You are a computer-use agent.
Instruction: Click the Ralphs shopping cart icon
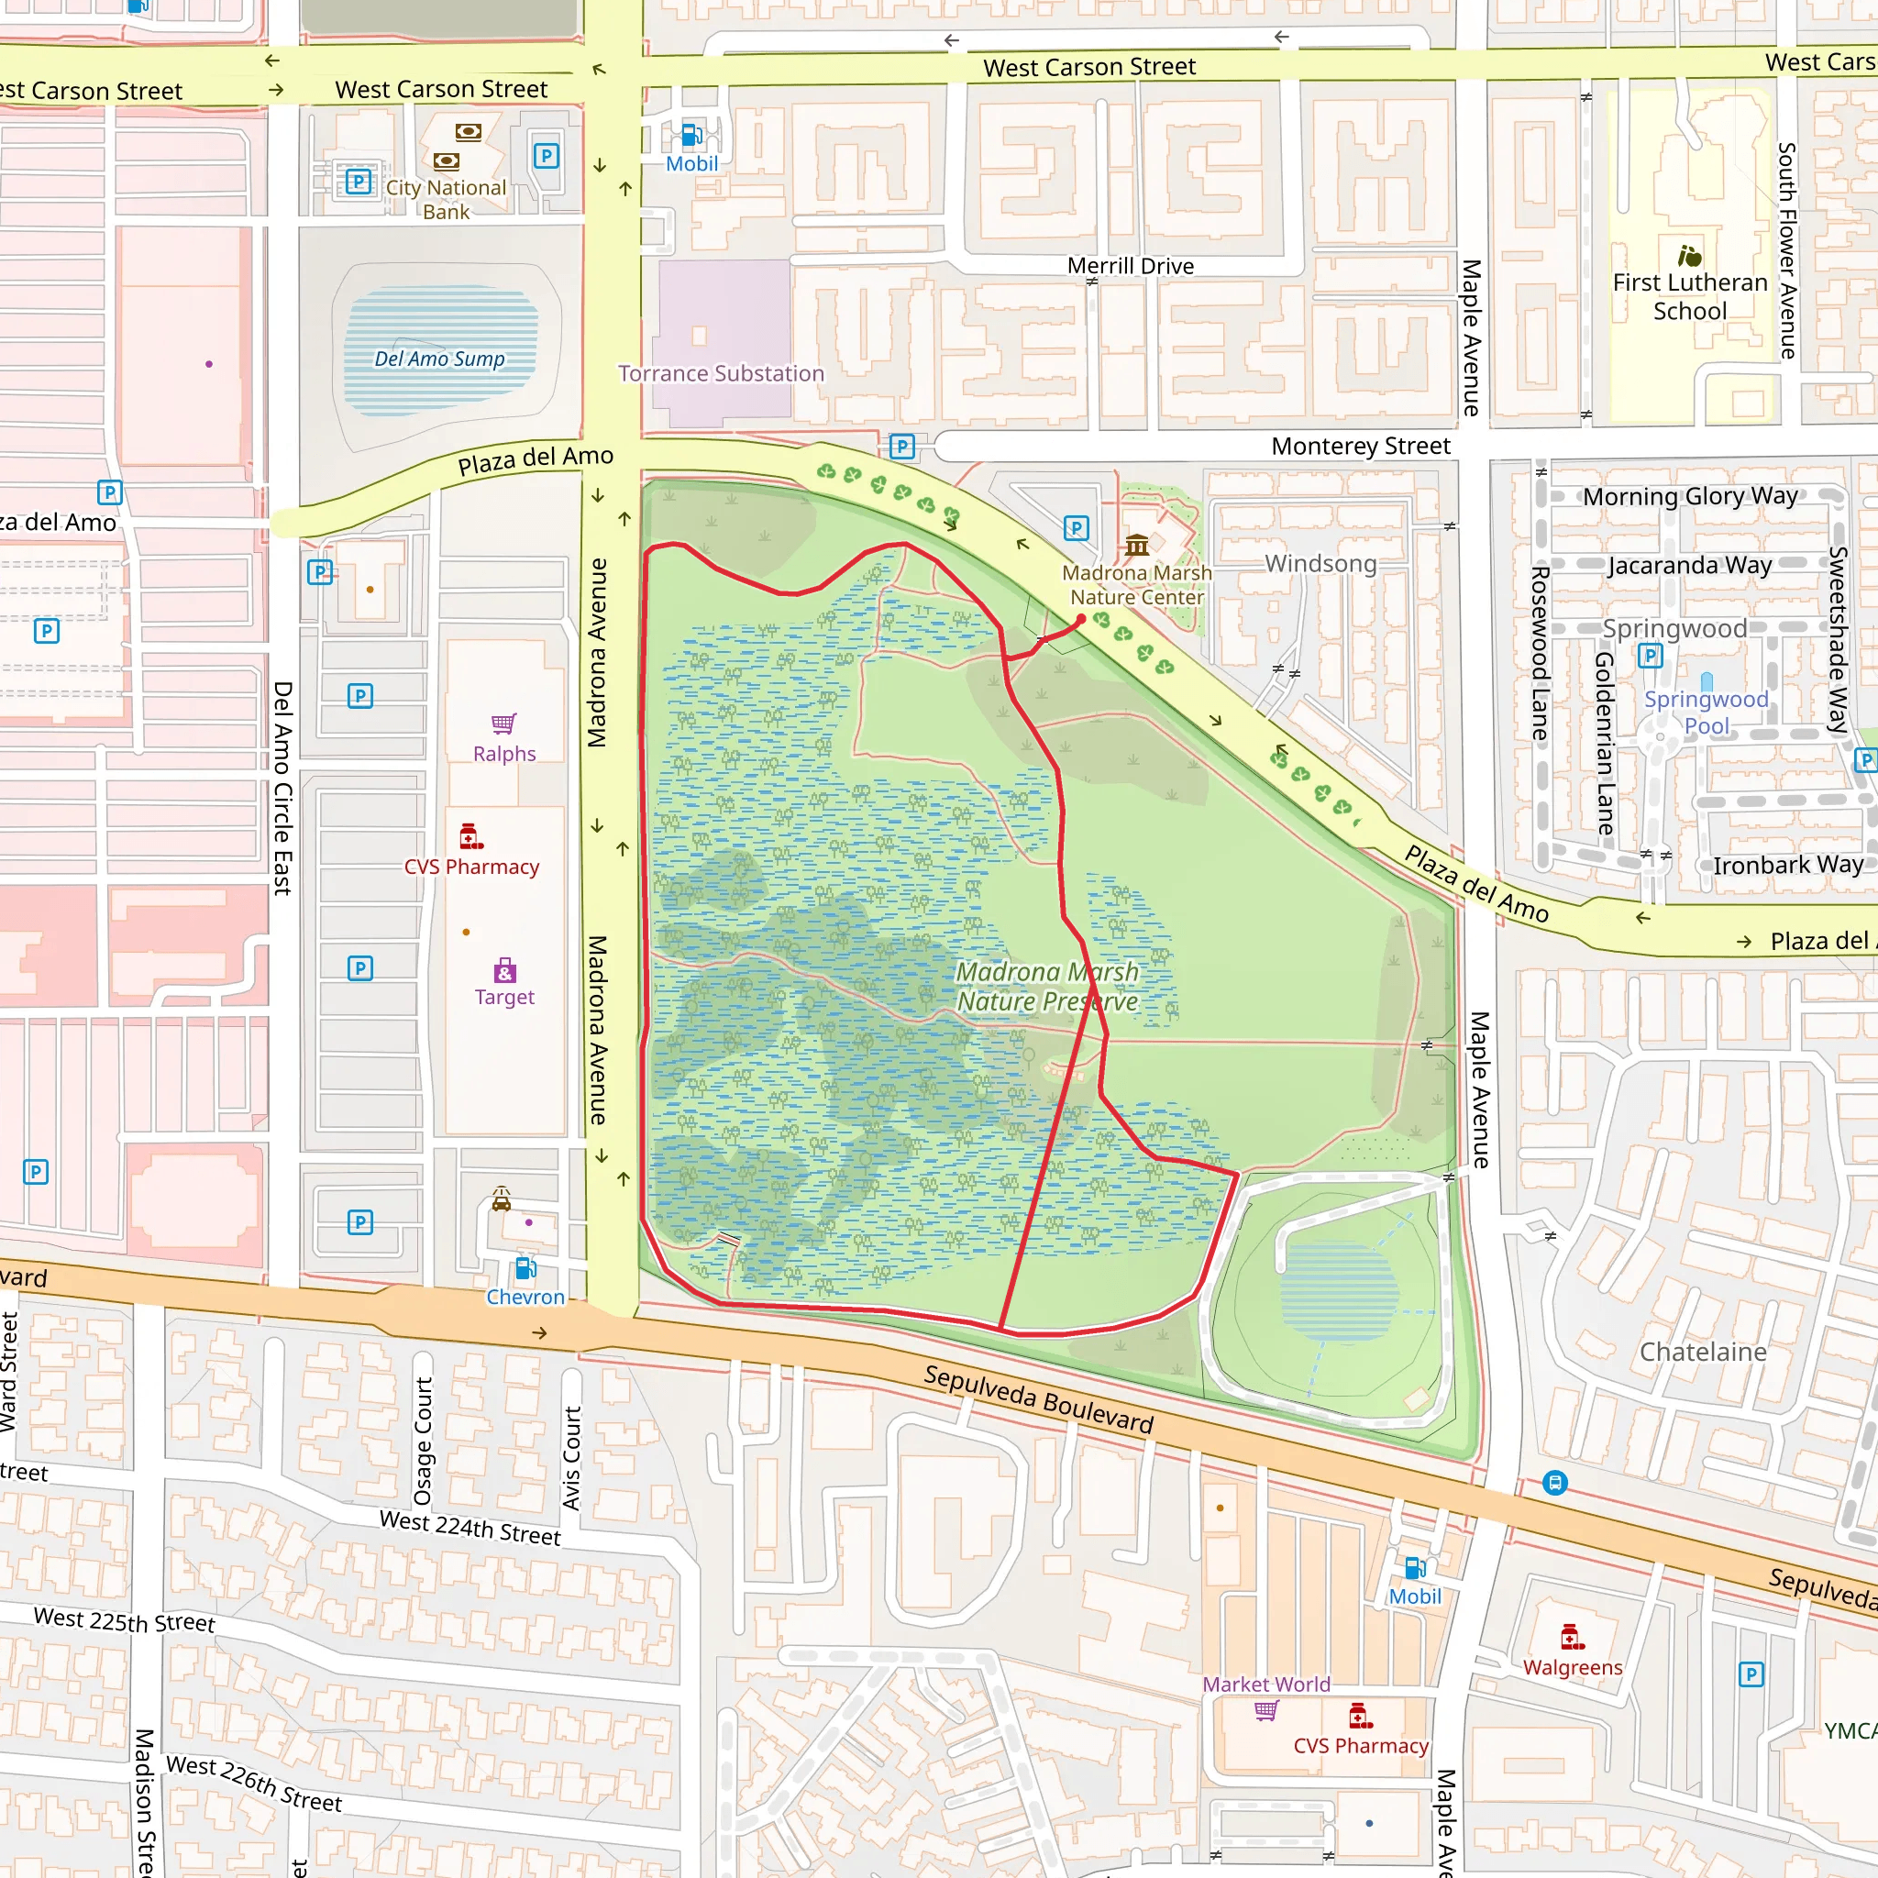(x=503, y=724)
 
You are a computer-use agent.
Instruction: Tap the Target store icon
(x=503, y=970)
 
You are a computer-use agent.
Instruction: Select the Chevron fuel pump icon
(x=525, y=1268)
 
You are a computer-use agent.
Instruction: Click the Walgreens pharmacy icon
(x=1572, y=1638)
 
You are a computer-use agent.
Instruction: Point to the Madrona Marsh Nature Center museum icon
(x=1136, y=545)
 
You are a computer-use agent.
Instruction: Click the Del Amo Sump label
(x=439, y=359)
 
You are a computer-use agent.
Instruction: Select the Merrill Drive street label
(x=1130, y=265)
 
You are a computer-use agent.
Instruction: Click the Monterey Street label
(x=1360, y=447)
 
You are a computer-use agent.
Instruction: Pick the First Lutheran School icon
(x=1689, y=256)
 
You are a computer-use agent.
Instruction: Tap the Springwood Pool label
(x=1706, y=712)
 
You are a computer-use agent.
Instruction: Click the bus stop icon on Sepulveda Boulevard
(x=1555, y=1484)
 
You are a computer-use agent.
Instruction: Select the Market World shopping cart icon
(x=1265, y=1710)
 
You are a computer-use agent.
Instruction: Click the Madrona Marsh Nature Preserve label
(x=1047, y=986)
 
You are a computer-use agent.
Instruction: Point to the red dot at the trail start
(x=1081, y=619)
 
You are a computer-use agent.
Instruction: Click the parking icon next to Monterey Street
(x=902, y=447)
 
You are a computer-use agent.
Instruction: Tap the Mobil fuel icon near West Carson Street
(x=692, y=134)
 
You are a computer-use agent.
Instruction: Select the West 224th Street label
(x=469, y=1528)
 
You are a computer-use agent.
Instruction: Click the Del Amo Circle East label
(x=282, y=788)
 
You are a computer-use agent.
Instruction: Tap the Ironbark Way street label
(x=1787, y=864)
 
